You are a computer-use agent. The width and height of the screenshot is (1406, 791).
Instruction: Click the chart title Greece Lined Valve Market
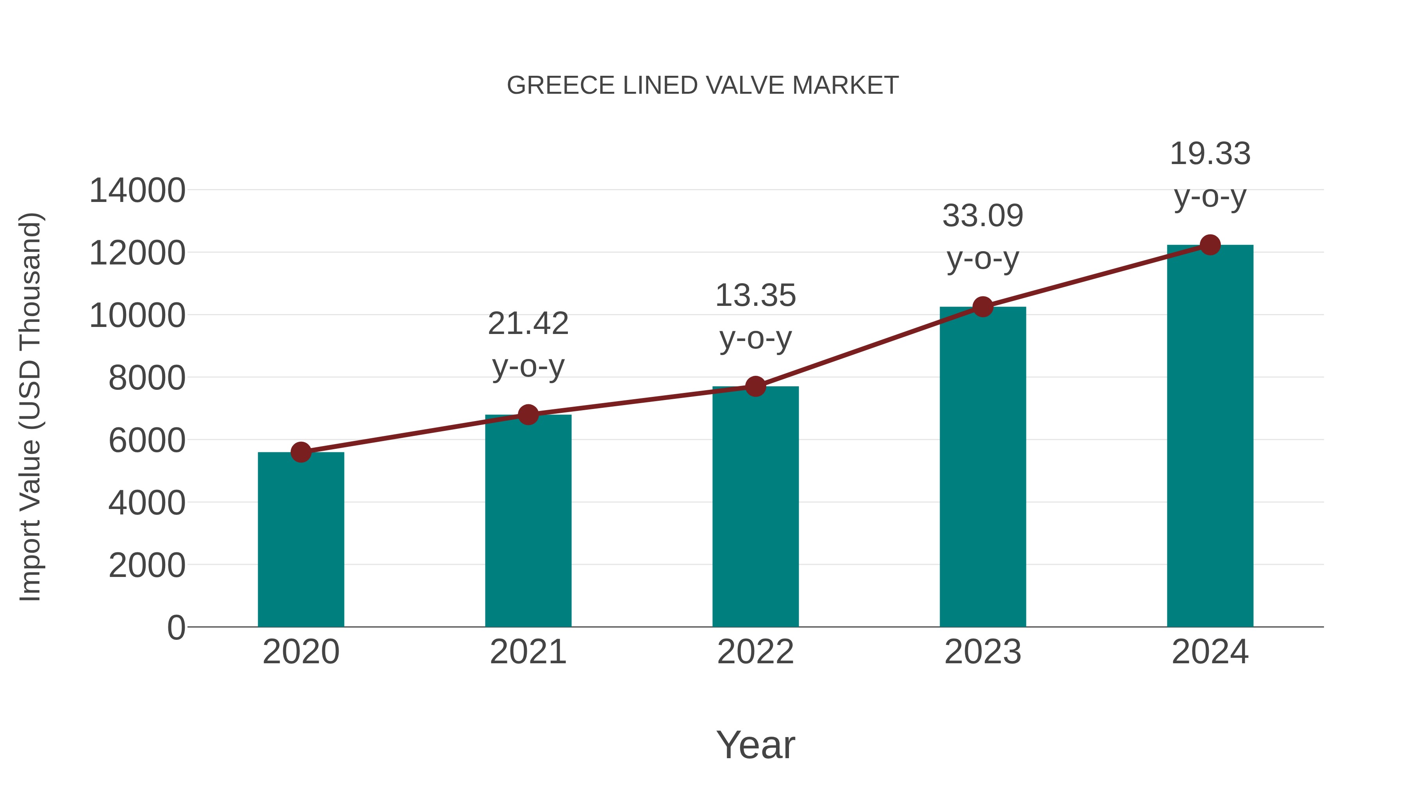[703, 86]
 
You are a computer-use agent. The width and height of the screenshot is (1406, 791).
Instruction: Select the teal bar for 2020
[301, 541]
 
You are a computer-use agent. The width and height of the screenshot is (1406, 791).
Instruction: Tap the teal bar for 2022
[755, 508]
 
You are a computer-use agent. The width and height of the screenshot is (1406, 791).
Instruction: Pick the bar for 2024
[1210, 437]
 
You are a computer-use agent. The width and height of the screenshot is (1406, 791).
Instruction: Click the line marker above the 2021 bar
[528, 415]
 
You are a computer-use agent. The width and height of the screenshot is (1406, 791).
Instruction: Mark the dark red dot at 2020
[301, 452]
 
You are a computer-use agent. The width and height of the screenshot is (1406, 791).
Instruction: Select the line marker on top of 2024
[1210, 245]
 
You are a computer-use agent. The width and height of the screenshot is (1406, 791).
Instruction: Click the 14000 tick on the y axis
[137, 191]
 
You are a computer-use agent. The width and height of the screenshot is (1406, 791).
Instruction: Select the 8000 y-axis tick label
[147, 378]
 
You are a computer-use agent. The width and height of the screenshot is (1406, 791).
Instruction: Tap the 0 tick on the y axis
[176, 627]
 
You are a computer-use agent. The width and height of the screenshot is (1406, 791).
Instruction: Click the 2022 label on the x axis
[755, 652]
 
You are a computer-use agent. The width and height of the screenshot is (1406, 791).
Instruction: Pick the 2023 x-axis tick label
[983, 652]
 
